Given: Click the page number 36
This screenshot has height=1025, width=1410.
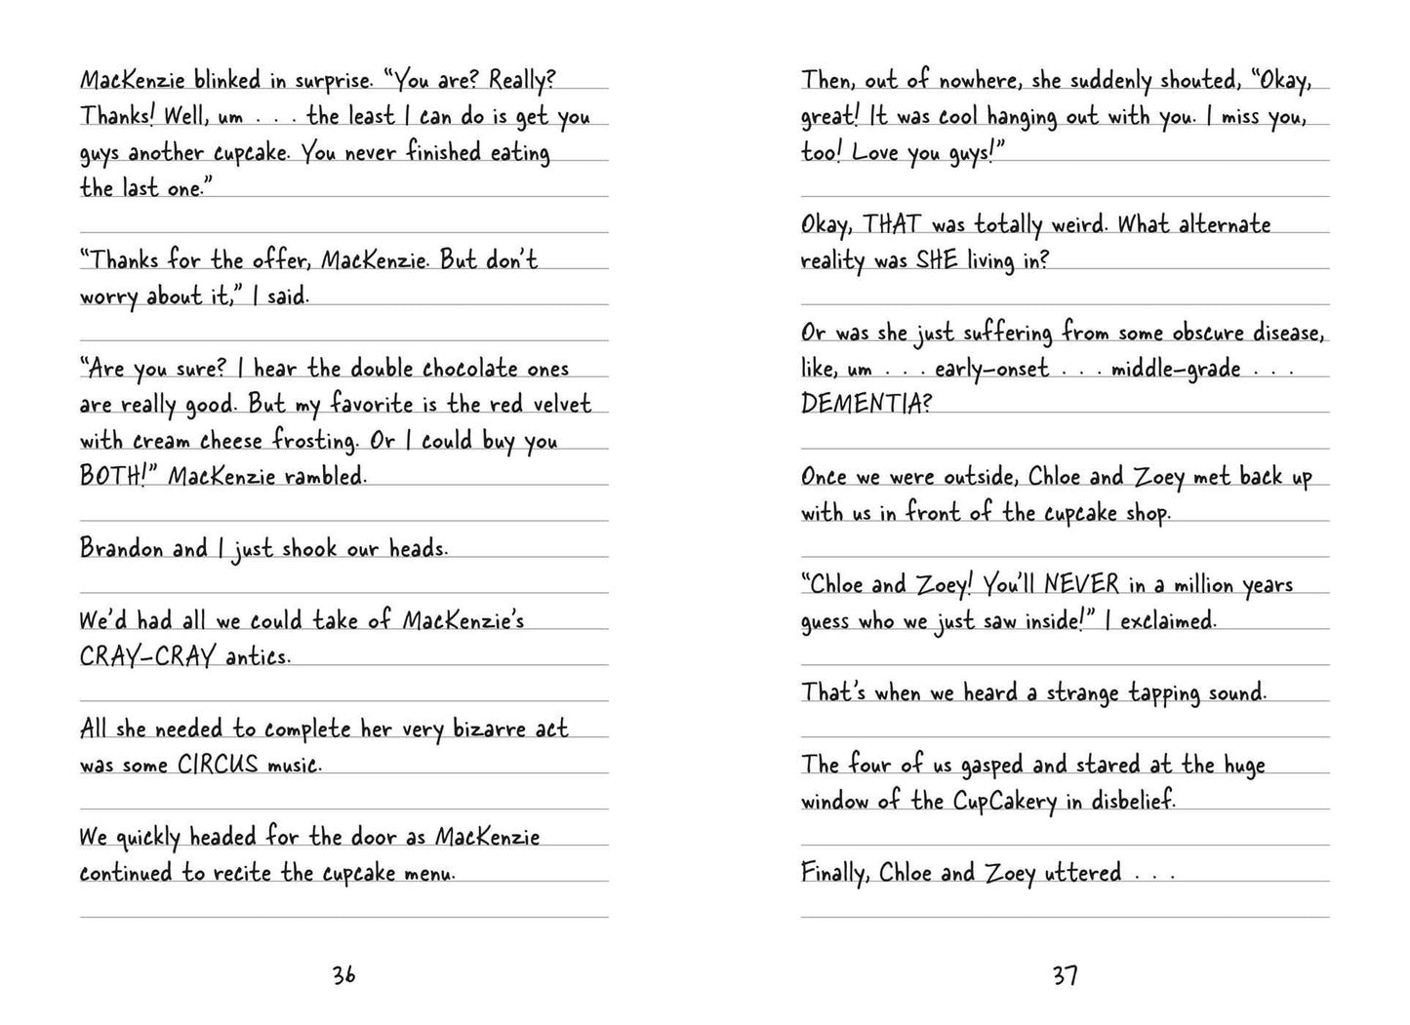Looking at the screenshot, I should click(343, 974).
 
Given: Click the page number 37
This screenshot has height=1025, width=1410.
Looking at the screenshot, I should click(1065, 974).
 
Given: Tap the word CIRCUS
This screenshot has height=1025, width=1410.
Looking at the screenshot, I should click(218, 765).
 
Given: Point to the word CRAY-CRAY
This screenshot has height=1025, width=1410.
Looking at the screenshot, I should click(146, 656).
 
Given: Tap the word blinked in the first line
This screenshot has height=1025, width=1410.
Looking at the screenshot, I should click(226, 80).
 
